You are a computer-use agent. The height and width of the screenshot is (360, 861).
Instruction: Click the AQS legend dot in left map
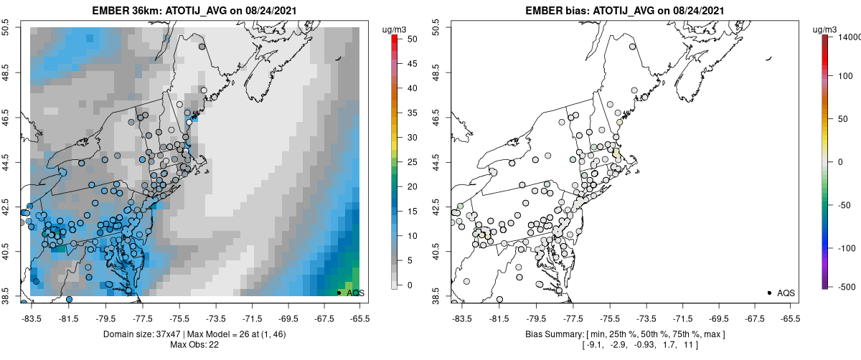[339, 293]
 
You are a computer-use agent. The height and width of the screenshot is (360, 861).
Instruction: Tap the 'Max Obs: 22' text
[194, 345]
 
